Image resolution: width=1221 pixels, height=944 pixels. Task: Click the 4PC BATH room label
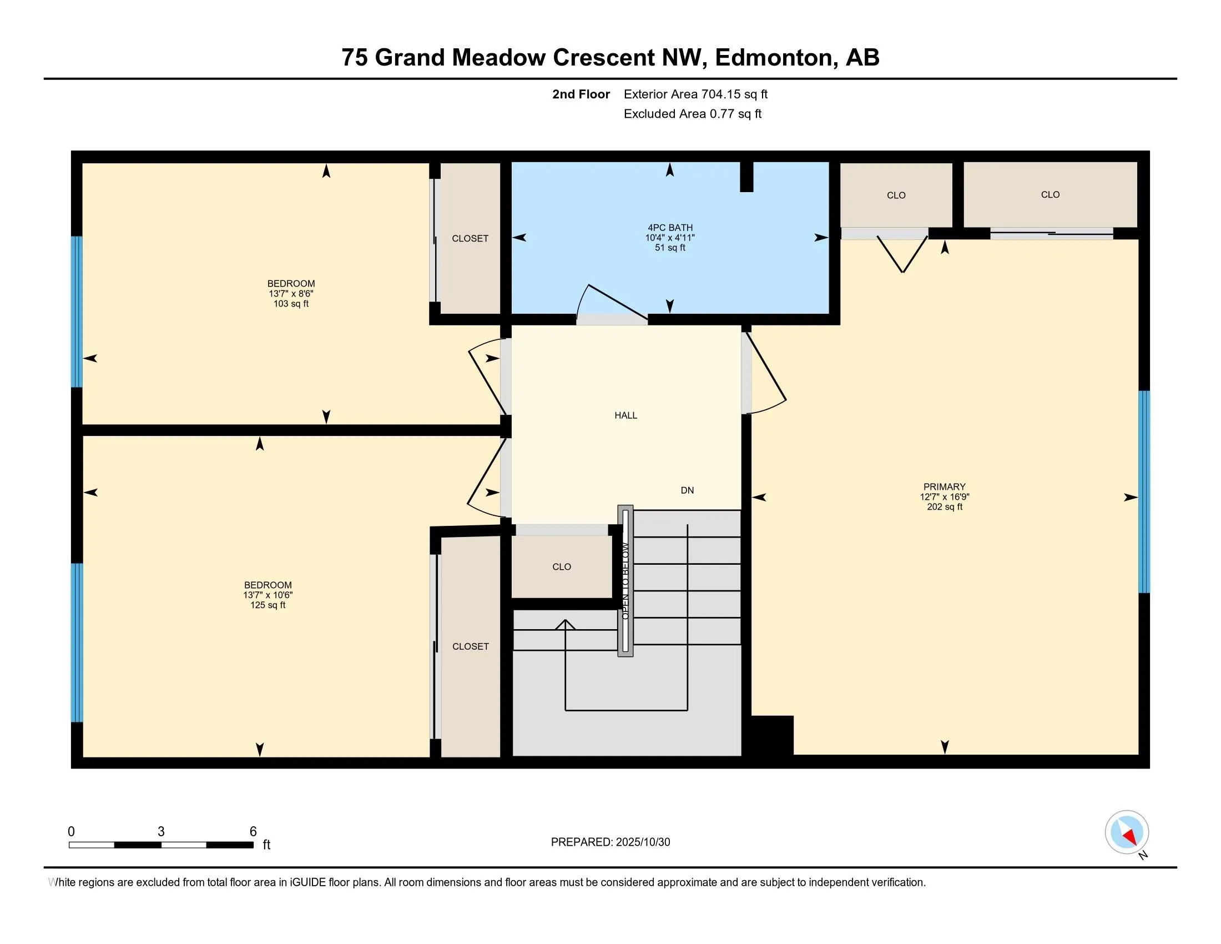click(670, 228)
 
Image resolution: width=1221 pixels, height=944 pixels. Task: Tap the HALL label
click(625, 415)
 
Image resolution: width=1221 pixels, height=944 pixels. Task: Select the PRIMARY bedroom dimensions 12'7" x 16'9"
click(944, 496)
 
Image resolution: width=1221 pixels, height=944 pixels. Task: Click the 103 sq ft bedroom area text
click(291, 304)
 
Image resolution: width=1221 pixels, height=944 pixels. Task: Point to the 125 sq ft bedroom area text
click(268, 605)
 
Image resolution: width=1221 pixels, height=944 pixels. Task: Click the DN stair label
click(687, 490)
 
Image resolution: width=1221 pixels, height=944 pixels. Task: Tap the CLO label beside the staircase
click(561, 567)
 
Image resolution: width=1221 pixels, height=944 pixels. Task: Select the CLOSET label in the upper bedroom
click(470, 239)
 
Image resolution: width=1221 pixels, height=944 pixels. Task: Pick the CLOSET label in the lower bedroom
click(470, 646)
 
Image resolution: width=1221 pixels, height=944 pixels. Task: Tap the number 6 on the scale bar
click(253, 832)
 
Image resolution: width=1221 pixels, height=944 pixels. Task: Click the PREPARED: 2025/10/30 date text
click(610, 842)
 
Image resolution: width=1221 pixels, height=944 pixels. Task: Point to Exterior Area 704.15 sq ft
click(695, 94)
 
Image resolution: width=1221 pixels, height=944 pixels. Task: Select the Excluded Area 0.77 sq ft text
click(692, 114)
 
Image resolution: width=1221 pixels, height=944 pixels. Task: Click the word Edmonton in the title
click(774, 58)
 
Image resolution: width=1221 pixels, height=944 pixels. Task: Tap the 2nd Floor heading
click(581, 94)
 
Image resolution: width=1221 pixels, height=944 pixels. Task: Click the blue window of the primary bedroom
click(1144, 491)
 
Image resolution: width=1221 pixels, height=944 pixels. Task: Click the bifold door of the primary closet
click(902, 254)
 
